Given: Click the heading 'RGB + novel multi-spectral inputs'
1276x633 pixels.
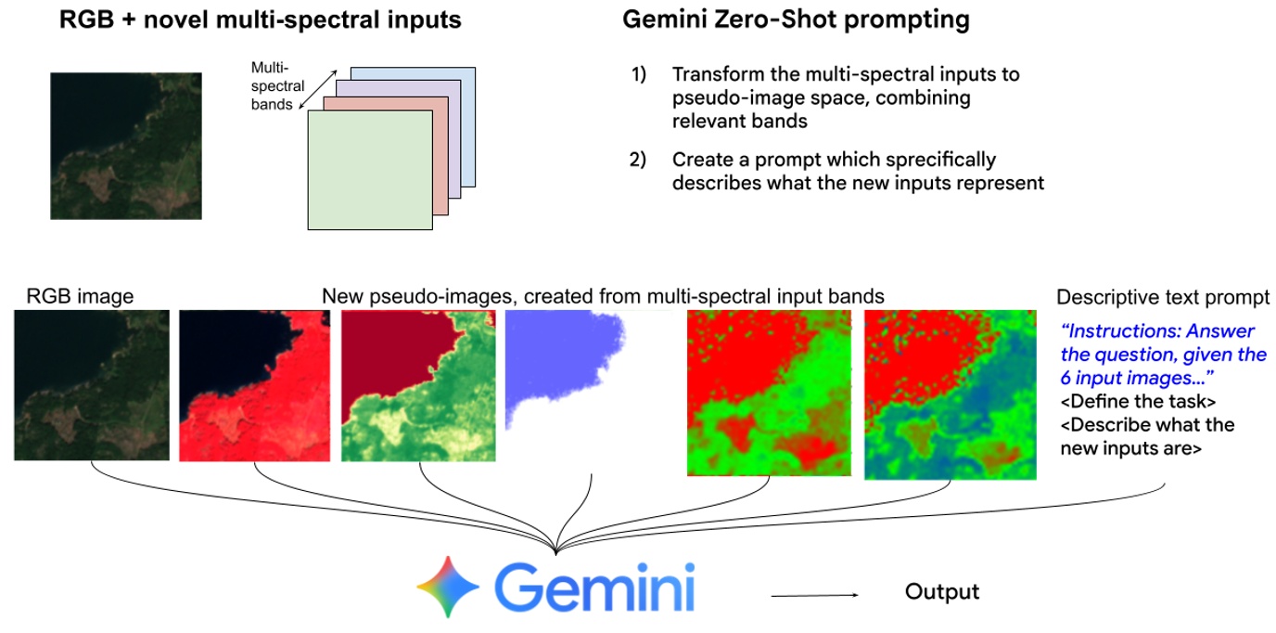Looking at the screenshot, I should [x=260, y=19].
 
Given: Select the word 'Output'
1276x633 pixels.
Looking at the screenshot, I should [x=941, y=591].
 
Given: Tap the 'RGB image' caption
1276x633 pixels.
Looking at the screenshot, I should [x=80, y=296].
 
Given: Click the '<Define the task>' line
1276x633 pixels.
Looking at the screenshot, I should [x=1137, y=402].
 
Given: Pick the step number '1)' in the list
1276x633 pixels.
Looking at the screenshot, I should [x=639, y=74].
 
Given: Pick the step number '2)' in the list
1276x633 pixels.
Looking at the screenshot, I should [x=639, y=160].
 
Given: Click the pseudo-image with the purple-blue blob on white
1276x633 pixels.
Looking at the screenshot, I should [x=566, y=371].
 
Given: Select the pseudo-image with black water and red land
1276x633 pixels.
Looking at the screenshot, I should [x=253, y=385].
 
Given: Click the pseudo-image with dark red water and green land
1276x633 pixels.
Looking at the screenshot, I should [x=418, y=385].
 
